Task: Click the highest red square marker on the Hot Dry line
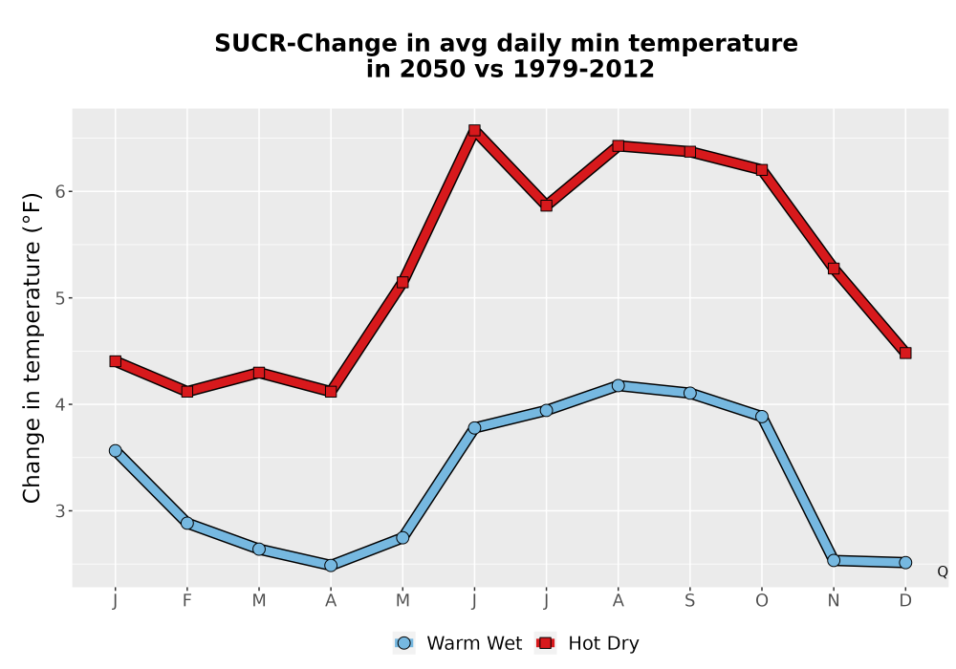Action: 474,130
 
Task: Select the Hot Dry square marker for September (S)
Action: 689,152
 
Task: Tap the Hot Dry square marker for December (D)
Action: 905,353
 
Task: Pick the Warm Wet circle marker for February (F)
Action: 187,523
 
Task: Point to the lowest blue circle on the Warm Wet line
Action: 331,565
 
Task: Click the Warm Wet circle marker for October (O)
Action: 762,417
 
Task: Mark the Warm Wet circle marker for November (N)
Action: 834,560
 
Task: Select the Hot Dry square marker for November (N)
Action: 834,269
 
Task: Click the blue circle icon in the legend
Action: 403,643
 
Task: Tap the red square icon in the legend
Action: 545,643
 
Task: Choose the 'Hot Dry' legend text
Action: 603,643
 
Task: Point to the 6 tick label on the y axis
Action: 60,191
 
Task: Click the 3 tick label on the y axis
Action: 60,510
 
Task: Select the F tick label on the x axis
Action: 187,601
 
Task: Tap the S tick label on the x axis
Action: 689,601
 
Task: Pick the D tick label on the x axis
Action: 905,601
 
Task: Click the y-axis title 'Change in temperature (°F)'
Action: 32,348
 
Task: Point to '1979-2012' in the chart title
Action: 583,69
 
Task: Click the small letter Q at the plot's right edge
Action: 943,572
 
